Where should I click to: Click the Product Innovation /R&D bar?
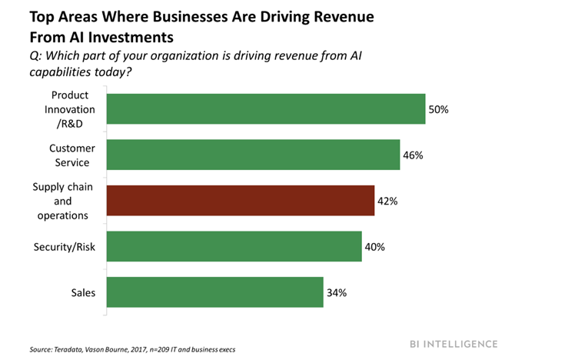click(265, 109)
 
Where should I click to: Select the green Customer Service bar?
click(252, 155)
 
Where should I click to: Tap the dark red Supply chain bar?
click(240, 201)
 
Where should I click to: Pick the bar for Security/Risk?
click(234, 247)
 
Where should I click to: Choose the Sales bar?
click(214, 292)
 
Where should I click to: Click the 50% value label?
click(438, 109)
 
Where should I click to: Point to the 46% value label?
click(413, 155)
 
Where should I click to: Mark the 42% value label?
click(387, 201)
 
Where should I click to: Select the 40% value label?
click(374, 247)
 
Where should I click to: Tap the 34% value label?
click(336, 292)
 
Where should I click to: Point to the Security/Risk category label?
click(64, 247)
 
